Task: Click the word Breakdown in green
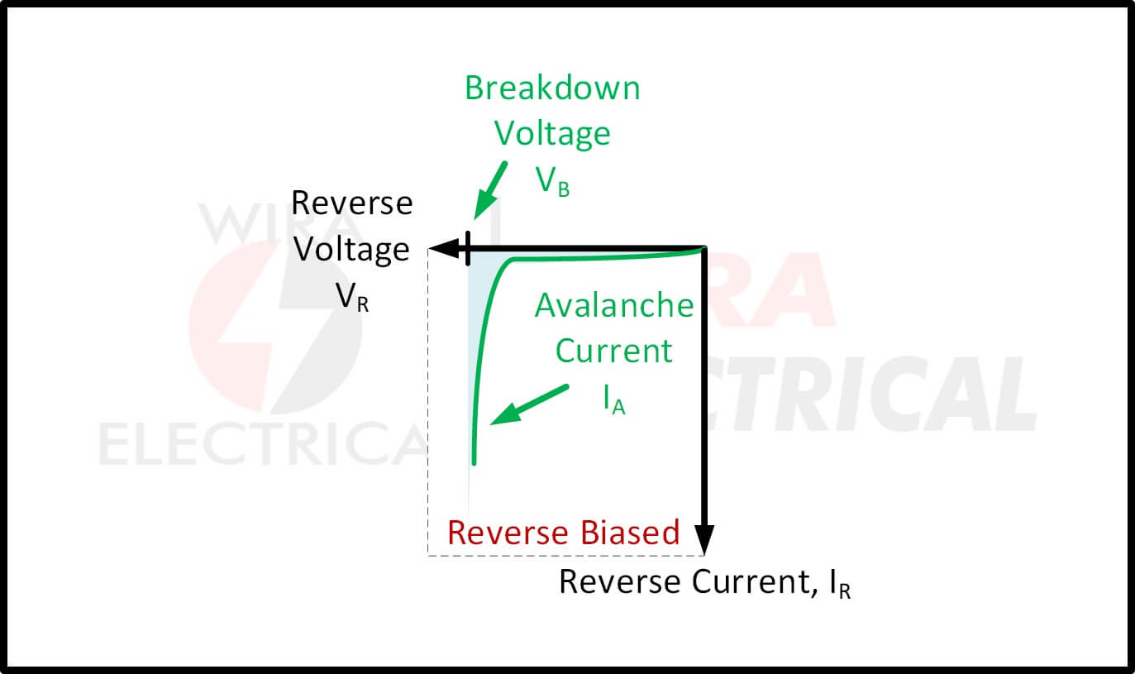(x=552, y=88)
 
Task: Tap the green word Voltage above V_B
(x=552, y=133)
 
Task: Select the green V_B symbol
(x=553, y=181)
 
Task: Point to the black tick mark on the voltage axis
(x=469, y=247)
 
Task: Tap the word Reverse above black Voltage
(x=352, y=203)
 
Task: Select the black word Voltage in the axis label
(x=352, y=249)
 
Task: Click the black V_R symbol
(x=352, y=298)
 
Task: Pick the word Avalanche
(x=614, y=306)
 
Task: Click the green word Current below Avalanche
(x=614, y=351)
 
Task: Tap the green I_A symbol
(x=613, y=400)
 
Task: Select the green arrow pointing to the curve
(x=529, y=404)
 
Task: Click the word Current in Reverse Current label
(x=748, y=582)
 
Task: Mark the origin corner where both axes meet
(x=703, y=247)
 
